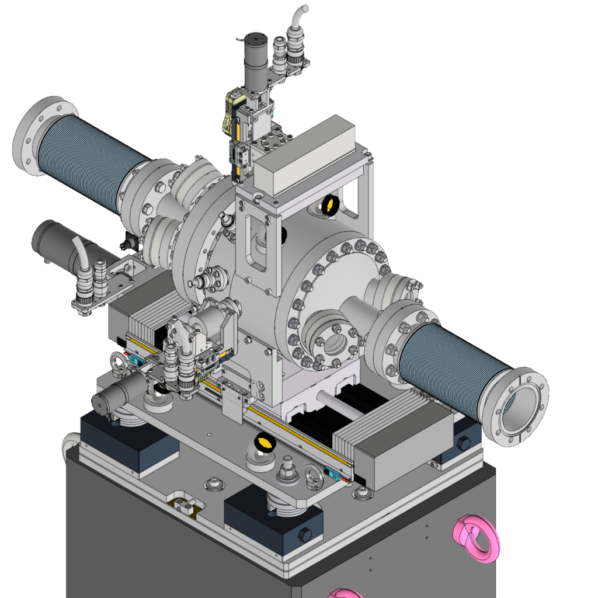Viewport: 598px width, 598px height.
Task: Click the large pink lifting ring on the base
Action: (x=477, y=537)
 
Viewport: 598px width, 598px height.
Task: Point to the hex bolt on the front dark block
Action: (x=304, y=534)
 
